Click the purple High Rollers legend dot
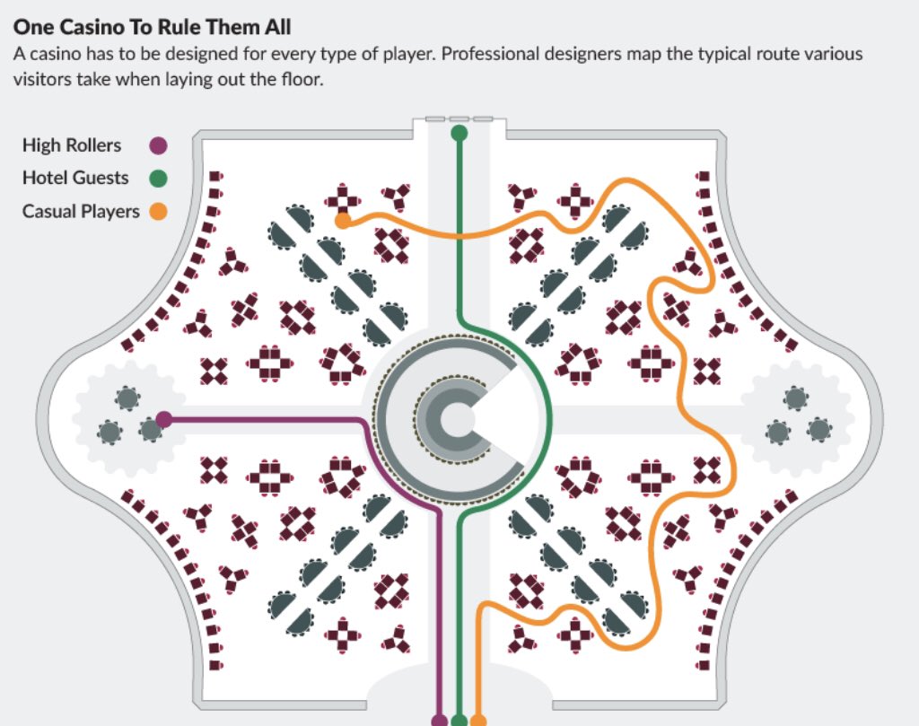tap(159, 145)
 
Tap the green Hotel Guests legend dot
tap(159, 179)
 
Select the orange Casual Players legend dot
tap(159, 212)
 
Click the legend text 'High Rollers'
tap(72, 145)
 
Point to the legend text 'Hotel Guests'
tap(75, 179)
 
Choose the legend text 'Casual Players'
tap(81, 212)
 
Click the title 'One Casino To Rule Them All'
tap(152, 28)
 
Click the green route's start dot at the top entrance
tap(459, 134)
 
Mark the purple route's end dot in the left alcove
tap(164, 419)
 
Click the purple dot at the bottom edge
tap(439, 720)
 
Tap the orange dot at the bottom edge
tap(478, 720)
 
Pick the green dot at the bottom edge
tap(459, 720)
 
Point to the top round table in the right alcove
tap(794, 398)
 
